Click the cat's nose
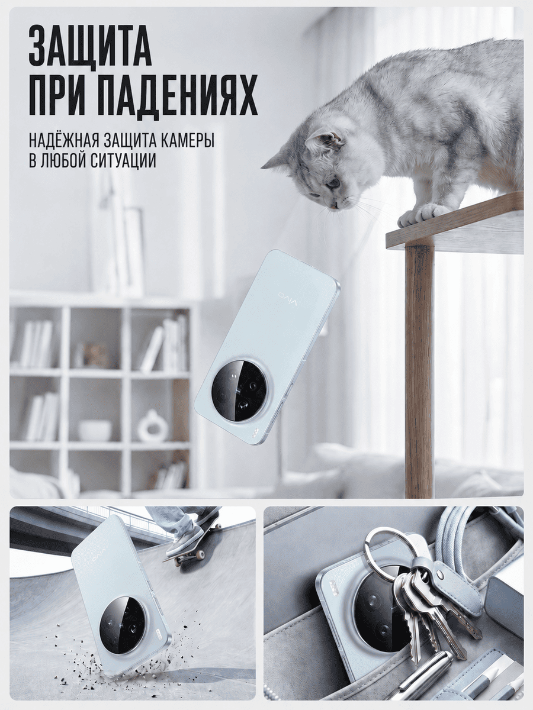click(336, 205)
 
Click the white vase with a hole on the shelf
click(150, 425)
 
